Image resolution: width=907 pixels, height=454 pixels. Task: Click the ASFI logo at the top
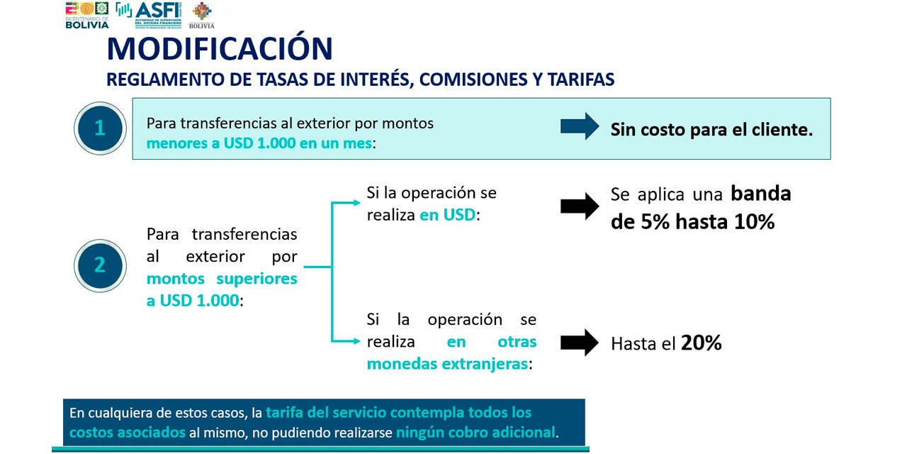149,15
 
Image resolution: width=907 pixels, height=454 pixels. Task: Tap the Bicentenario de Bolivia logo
87,16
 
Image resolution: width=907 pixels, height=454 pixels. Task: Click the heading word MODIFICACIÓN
220,48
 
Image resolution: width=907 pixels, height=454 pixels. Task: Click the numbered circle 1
100,128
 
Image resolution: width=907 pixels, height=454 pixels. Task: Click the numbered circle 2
100,265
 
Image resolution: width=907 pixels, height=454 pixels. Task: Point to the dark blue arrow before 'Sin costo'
580,126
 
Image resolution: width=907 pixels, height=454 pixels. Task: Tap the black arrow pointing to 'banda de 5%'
580,206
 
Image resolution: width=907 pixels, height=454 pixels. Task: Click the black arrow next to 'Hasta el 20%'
580,343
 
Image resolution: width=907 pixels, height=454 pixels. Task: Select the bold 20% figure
702,343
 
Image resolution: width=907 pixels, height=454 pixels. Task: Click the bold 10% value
754,222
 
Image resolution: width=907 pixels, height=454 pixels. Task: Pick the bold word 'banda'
761,194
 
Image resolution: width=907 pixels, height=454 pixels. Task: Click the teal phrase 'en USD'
447,215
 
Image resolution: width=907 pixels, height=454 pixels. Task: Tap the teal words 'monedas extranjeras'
447,364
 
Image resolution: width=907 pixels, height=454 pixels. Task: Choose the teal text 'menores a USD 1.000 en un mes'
259,143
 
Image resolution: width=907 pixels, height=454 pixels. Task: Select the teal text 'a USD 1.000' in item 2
193,301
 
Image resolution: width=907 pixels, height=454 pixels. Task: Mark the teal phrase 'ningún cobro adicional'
475,433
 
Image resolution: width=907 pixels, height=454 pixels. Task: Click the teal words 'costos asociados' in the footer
127,433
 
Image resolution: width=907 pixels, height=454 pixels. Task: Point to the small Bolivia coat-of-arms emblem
202,16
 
